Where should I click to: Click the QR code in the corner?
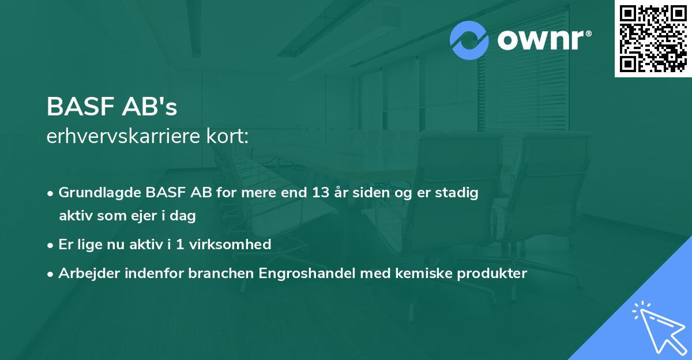[x=653, y=38]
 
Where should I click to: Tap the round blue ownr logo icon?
[x=469, y=40]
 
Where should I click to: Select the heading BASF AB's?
[x=112, y=106]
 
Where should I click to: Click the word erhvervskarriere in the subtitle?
[x=125, y=137]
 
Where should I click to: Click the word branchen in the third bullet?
[x=215, y=273]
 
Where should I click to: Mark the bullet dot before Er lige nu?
[x=51, y=245]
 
